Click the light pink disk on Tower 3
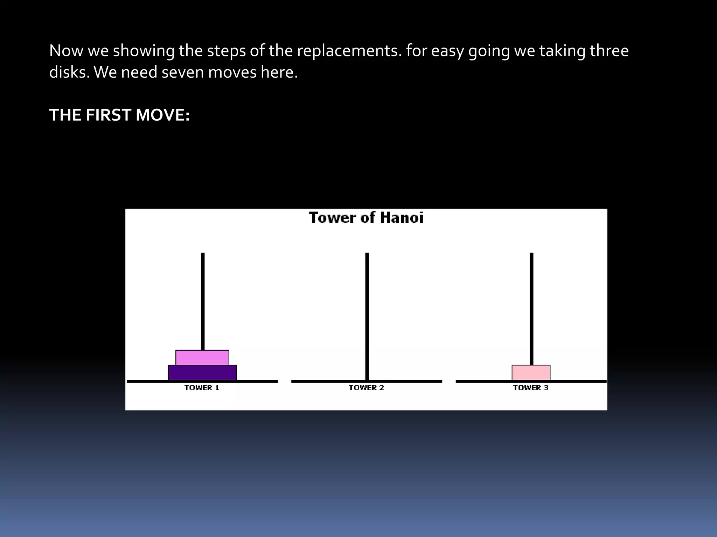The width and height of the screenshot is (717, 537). [x=531, y=373]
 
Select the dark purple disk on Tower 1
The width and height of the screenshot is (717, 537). [x=202, y=373]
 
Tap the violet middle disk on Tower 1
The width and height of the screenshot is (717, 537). [x=202, y=358]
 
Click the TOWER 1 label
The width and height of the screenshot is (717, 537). [x=202, y=388]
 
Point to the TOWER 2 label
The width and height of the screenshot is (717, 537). [x=367, y=388]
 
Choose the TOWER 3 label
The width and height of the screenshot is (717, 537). [x=531, y=388]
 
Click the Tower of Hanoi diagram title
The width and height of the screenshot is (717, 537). [x=366, y=218]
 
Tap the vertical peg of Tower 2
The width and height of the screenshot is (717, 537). [x=367, y=308]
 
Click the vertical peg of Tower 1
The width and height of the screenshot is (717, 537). [x=203, y=301]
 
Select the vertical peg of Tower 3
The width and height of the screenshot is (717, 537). [x=531, y=308]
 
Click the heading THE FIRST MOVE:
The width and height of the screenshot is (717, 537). [x=119, y=115]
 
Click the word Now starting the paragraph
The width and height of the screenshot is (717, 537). [x=66, y=51]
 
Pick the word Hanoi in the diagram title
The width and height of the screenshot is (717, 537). [x=402, y=218]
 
